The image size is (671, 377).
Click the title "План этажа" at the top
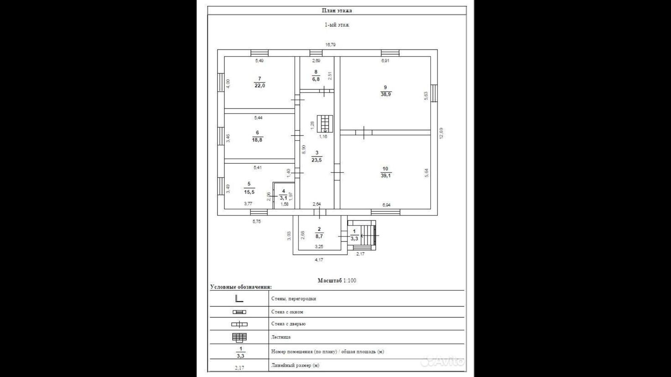pos(337,10)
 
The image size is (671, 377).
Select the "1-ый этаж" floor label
pos(337,25)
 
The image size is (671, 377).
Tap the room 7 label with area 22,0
pos(260,82)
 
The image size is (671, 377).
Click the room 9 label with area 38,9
pos(385,91)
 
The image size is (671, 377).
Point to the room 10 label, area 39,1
pos(385,172)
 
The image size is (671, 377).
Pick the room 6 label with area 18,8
pos(257,137)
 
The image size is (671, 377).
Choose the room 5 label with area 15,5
pos(249,188)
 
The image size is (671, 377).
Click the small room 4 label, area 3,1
pos(283,195)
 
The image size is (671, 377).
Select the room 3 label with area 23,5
pos(317,156)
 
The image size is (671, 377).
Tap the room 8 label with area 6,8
pos(316,75)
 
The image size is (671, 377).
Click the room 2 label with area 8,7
pos(319,233)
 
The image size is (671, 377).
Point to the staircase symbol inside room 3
pos(325,124)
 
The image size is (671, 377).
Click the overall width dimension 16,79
pos(330,44)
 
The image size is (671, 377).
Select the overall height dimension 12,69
pos(441,133)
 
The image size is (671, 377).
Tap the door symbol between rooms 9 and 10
pos(364,133)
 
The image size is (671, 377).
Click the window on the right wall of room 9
pos(434,93)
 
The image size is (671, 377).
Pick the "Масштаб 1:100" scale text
pos(337,280)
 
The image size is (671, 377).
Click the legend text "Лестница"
pos(281,337)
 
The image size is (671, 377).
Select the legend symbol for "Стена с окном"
pos(239,312)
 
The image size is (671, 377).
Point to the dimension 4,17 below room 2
pos(319,260)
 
